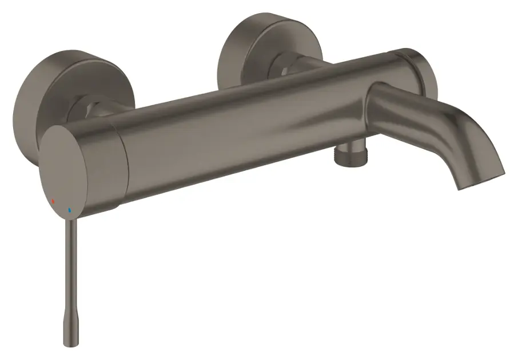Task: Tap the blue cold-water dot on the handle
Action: point(70,210)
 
